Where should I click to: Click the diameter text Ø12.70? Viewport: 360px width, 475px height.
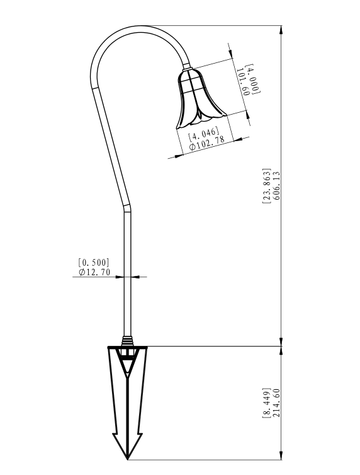(x=94, y=272)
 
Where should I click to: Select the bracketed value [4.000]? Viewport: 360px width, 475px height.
(x=252, y=78)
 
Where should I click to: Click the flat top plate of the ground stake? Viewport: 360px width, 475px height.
(x=128, y=347)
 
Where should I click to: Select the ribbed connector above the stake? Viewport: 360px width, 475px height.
(x=128, y=340)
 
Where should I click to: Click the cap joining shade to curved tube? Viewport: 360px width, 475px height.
(x=189, y=71)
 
